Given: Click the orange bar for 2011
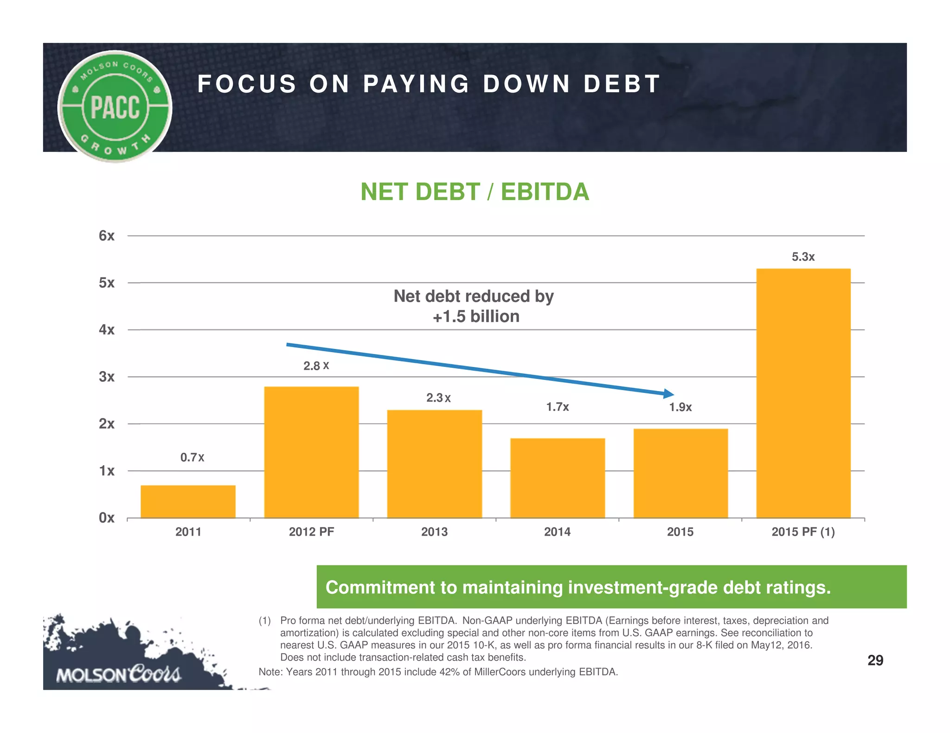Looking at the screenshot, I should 188,501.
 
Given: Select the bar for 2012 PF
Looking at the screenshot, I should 311,452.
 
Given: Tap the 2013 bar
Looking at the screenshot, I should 434,463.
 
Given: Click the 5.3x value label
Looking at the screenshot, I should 803,257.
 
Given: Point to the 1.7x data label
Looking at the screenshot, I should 557,407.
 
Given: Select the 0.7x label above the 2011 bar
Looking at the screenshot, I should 192,457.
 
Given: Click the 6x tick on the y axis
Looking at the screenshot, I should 106,236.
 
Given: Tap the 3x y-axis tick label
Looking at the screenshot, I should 106,377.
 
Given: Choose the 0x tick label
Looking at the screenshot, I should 106,518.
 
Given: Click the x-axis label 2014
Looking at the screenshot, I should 557,531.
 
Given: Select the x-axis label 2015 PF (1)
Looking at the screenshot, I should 803,531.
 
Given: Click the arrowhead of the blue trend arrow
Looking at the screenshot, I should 669,393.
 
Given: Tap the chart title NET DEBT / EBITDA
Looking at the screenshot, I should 475,192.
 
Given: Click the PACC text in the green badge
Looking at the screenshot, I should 115,107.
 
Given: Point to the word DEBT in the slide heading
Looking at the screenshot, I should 622,84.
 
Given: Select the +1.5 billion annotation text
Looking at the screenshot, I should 476,316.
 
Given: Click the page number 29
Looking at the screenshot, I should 875,660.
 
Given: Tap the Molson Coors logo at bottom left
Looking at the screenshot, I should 118,673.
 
